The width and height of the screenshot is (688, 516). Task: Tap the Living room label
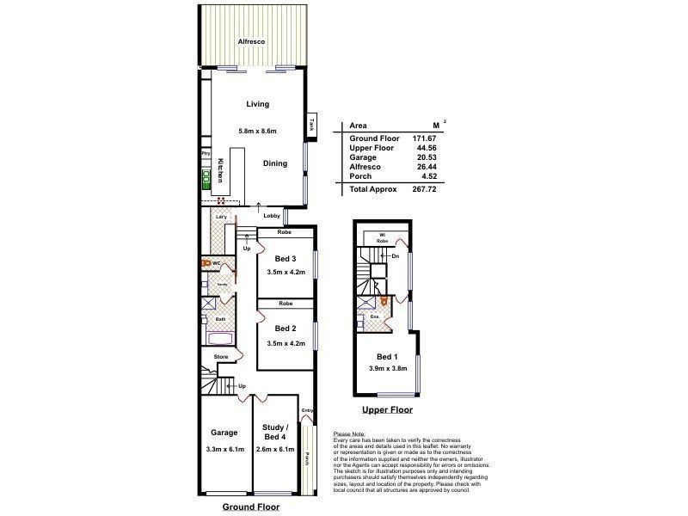pyautogui.click(x=257, y=104)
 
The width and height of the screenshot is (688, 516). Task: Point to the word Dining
pyautogui.click(x=275, y=163)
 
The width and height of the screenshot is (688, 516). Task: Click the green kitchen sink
pyautogui.click(x=206, y=180)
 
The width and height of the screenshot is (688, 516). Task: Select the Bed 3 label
pyautogui.click(x=286, y=260)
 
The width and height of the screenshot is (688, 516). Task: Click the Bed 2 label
pyautogui.click(x=286, y=329)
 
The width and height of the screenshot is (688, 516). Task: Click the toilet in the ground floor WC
pyautogui.click(x=206, y=264)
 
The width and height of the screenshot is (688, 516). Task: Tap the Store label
pyautogui.click(x=219, y=357)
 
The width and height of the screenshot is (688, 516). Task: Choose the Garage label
pyautogui.click(x=224, y=433)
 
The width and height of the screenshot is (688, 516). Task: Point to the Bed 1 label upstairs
pyautogui.click(x=388, y=356)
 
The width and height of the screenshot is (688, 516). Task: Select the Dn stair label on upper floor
pyautogui.click(x=395, y=256)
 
